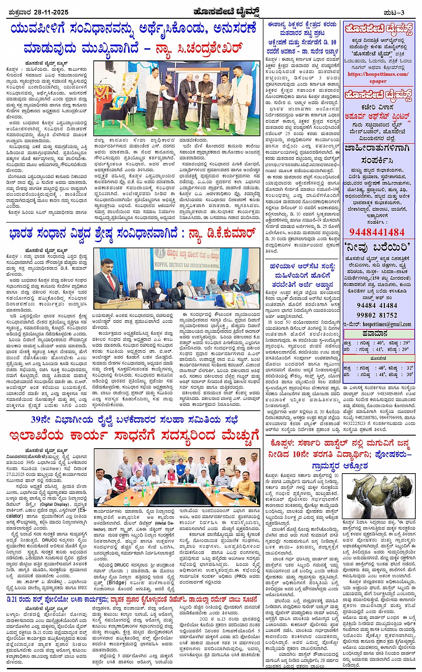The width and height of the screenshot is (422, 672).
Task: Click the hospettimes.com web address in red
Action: click(378, 75)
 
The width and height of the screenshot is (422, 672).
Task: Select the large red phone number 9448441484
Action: click(377, 232)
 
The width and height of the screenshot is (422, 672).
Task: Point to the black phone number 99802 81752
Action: click(377, 315)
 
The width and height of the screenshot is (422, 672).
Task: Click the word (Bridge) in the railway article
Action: click(106, 582)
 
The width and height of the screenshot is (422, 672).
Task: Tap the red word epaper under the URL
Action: click(378, 81)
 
